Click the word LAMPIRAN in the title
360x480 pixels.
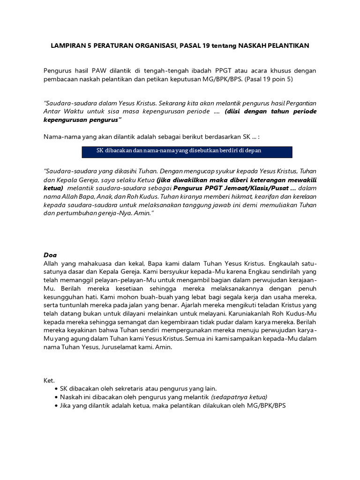click(70, 45)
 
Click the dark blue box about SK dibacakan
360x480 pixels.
click(187, 151)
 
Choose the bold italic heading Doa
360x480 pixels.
click(50, 255)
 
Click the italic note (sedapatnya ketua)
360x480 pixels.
click(239, 397)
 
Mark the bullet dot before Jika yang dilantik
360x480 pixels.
click(57, 406)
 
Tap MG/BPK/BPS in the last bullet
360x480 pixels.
click(264, 406)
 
